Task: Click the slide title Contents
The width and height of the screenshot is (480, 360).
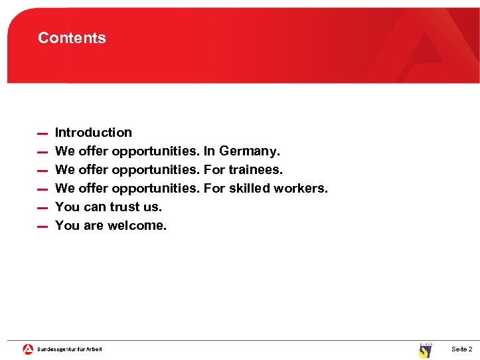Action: coord(72,38)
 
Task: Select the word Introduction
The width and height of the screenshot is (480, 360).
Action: coord(94,132)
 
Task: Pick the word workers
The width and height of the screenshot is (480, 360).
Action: coord(301,188)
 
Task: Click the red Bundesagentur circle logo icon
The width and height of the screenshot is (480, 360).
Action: coord(28,349)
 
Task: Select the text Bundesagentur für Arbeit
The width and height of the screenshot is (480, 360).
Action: coord(70,349)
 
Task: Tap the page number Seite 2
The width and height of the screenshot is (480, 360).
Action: coord(461,349)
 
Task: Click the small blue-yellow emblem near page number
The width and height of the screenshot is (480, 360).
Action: coord(425,350)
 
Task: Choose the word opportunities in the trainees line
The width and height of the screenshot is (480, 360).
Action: coord(155,169)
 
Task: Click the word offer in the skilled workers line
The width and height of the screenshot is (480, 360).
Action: coord(93,188)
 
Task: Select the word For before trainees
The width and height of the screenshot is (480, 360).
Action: coord(214,169)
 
